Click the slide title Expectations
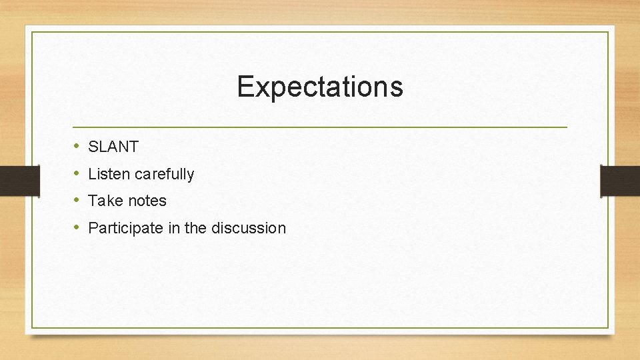(x=320, y=87)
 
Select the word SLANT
(x=113, y=147)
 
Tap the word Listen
(x=109, y=174)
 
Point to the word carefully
(x=165, y=175)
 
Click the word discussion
(x=248, y=228)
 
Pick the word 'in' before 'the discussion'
(x=173, y=228)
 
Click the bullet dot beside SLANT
(x=77, y=147)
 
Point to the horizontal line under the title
(x=320, y=127)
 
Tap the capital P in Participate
(x=93, y=228)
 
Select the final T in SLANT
(x=133, y=147)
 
